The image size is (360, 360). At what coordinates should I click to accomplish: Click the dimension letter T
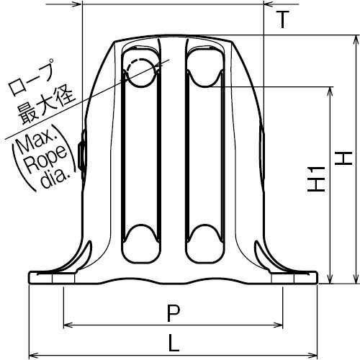(282, 19)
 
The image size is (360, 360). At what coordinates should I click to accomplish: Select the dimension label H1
(316, 179)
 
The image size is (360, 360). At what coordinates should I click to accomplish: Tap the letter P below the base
(174, 313)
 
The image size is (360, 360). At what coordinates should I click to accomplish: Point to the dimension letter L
(174, 343)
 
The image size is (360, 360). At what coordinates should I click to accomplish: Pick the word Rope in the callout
(45, 159)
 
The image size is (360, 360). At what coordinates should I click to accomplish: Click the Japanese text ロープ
(31, 77)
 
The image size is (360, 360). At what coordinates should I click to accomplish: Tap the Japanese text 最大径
(46, 106)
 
